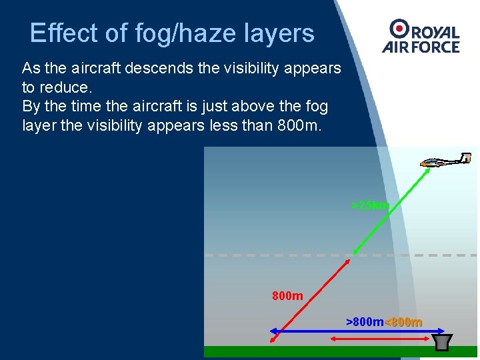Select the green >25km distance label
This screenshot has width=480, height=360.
tap(370, 205)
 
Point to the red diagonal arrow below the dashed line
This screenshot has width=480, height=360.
tap(311, 296)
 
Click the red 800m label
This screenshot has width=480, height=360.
tap(287, 295)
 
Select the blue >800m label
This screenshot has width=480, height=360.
tap(365, 322)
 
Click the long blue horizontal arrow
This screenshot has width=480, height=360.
tap(347, 331)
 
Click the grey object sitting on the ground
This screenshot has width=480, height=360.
tap(441, 341)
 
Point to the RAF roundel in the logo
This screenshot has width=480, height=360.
tap(400, 28)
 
